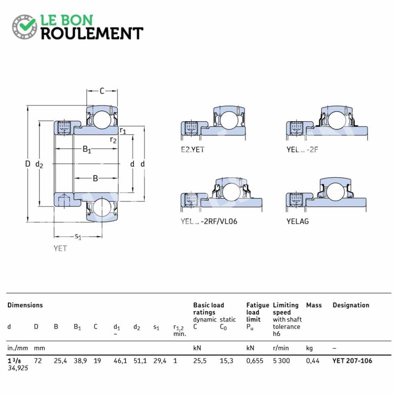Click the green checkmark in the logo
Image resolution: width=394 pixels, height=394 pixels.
tap(28, 24)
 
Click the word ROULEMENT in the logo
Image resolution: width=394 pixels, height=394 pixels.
tap(92, 33)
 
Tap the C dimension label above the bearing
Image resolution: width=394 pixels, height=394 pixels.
tap(102, 91)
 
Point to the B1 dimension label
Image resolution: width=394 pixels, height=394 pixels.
tap(87, 149)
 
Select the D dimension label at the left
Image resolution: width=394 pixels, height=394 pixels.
tap(28, 164)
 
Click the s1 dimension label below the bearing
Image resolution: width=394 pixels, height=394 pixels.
tap(78, 236)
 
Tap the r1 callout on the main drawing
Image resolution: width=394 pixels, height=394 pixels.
tap(123, 131)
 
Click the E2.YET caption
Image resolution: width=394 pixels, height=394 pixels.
tap(193, 150)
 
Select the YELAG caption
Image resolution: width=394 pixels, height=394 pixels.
tap(297, 221)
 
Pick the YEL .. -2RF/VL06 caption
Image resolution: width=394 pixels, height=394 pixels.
tap(209, 221)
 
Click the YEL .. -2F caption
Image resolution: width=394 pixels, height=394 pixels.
tap(302, 150)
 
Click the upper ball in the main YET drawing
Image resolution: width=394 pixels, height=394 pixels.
tap(101, 119)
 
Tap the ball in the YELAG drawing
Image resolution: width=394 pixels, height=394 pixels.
tap(336, 192)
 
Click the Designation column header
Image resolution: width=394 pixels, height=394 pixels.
tap(351, 305)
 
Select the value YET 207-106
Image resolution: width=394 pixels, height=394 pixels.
tap(352, 361)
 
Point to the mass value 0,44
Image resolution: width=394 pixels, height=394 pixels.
tap(313, 361)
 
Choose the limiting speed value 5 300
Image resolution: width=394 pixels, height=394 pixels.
tap(281, 361)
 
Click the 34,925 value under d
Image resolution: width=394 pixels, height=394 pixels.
tap(18, 368)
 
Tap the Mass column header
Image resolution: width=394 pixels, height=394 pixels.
tap(314, 305)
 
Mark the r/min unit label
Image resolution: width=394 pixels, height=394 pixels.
tap(281, 348)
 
